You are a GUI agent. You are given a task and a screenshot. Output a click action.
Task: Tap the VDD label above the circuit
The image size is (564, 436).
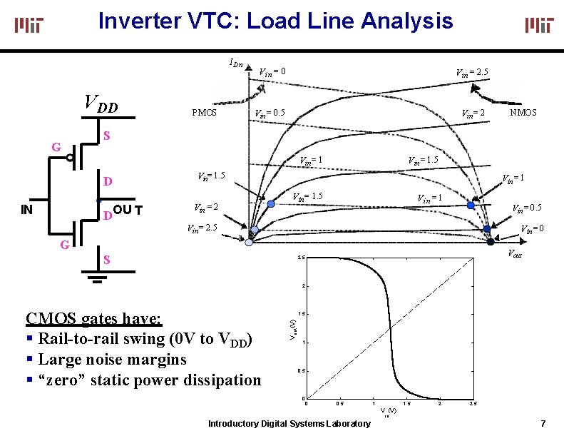[x=101, y=105]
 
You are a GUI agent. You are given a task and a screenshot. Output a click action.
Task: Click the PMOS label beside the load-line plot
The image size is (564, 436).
[x=205, y=113]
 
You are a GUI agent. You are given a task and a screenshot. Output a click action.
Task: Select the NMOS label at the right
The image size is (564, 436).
[x=523, y=113]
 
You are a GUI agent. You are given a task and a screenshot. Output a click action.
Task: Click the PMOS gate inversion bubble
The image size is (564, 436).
[x=72, y=158]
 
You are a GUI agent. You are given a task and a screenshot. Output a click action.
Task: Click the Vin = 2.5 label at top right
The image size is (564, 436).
[x=472, y=71]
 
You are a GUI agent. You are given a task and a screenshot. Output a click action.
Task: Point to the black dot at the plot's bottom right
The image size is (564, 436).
[x=491, y=242]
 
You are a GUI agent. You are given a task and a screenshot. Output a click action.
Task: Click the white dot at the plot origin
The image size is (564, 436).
[x=249, y=243]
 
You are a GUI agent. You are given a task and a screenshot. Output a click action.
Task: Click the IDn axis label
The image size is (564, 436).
[x=236, y=64]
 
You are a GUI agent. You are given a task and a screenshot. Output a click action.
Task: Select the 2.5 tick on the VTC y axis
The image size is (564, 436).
[x=302, y=258]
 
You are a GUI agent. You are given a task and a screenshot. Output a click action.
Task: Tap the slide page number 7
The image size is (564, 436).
[x=543, y=423]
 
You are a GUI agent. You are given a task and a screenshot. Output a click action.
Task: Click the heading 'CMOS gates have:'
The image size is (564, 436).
[x=94, y=318]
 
